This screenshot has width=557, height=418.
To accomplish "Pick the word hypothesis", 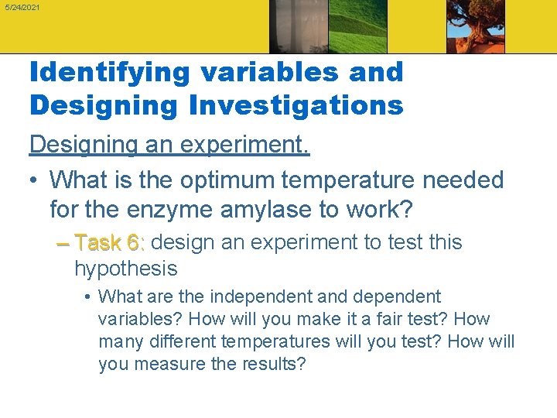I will tap(125, 269).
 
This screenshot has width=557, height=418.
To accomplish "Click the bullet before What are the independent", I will tap(90, 297).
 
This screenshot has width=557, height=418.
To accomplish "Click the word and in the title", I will tap(371, 73).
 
